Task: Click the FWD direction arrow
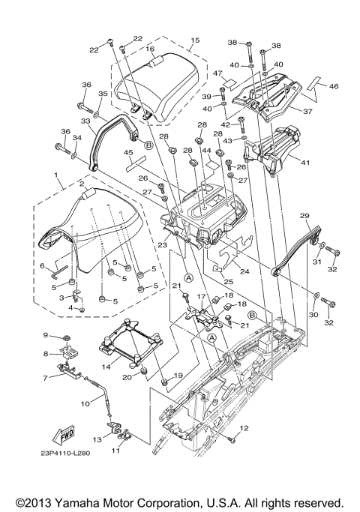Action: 64,435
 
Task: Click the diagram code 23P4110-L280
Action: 65,454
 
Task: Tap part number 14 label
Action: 106,367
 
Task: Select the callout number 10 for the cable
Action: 85,404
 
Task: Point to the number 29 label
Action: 304,216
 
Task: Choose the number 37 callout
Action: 307,112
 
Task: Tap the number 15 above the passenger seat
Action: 195,40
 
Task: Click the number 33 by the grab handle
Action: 85,121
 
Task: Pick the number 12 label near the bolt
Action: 244,428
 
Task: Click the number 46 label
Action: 334,86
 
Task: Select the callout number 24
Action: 244,271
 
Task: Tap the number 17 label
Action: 201,297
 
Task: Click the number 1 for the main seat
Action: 56,175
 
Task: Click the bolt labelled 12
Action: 232,440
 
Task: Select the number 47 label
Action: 218,73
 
